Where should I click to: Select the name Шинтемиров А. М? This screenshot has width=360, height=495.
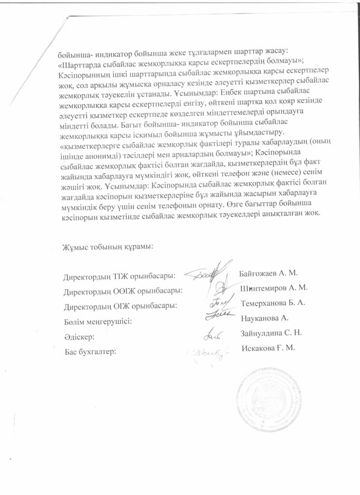(274, 288)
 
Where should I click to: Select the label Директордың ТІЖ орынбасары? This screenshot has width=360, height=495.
(119, 277)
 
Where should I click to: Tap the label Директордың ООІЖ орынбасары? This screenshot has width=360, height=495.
(123, 291)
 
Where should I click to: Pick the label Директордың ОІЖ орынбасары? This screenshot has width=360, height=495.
(120, 306)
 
